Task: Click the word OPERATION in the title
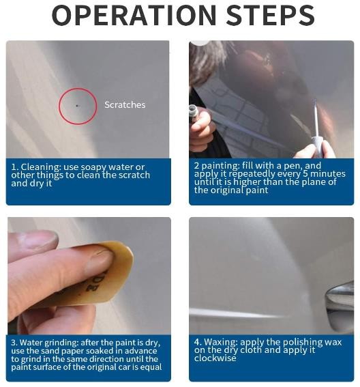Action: (134, 15)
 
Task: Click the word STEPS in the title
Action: (270, 15)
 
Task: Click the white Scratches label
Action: (125, 104)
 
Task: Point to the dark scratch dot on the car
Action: (77, 106)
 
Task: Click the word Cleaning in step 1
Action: (41, 167)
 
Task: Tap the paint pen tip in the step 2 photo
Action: (315, 101)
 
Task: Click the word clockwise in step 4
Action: (215, 358)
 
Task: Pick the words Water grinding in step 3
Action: (48, 343)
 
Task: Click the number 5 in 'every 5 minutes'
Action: (305, 174)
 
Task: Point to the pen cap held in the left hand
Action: (194, 113)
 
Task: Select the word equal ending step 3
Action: (151, 367)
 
